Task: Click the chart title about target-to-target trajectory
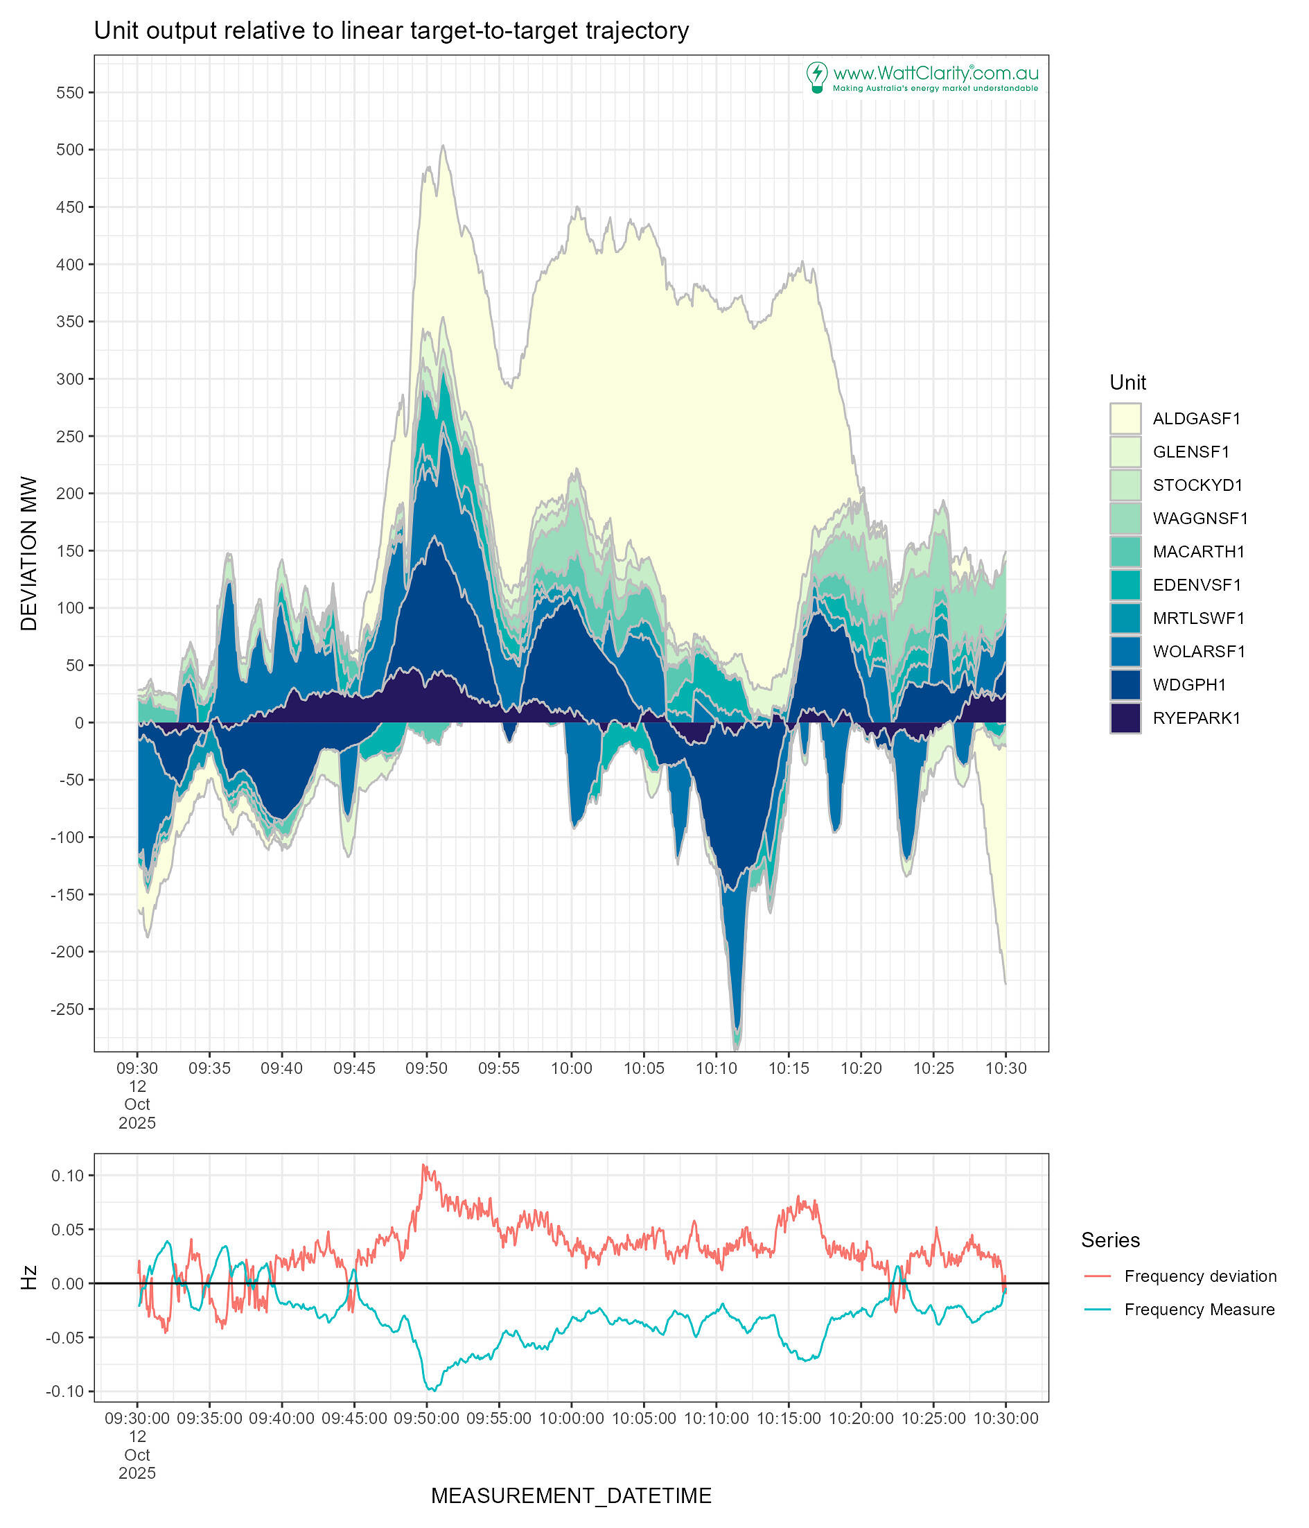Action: [x=391, y=31]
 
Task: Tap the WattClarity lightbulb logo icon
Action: [x=816, y=77]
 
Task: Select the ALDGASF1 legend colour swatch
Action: [x=1125, y=418]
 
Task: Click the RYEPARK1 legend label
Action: [x=1196, y=718]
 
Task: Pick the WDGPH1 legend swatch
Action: [x=1125, y=684]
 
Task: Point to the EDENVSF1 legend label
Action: [x=1197, y=585]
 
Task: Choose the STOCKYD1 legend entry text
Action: [x=1197, y=485]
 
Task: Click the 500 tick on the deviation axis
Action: [x=71, y=150]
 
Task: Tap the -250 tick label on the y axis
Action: [x=68, y=1009]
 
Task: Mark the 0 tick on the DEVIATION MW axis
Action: [x=79, y=722]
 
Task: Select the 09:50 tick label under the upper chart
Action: [x=426, y=1068]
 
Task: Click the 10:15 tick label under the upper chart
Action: [x=789, y=1068]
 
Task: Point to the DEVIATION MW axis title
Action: [x=28, y=553]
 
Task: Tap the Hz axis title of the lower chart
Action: [x=28, y=1277]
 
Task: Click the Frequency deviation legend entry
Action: [x=1200, y=1276]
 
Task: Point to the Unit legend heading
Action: [x=1127, y=382]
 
